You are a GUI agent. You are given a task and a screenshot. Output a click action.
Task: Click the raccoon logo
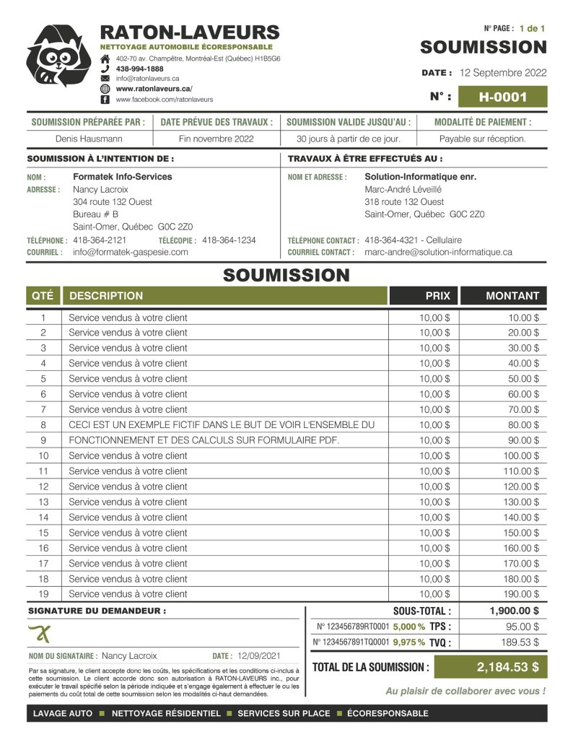58,56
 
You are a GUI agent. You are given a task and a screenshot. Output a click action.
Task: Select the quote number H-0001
502,97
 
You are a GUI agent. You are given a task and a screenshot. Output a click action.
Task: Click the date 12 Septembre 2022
502,73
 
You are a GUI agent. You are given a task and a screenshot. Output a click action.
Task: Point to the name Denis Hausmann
89,139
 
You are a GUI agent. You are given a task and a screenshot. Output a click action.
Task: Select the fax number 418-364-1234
229,240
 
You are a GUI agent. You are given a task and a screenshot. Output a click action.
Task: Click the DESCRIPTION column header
106,295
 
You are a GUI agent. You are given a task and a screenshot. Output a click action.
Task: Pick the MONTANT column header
512,295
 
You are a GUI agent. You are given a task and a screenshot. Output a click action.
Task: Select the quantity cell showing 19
43,594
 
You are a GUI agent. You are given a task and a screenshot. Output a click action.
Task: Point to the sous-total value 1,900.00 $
514,611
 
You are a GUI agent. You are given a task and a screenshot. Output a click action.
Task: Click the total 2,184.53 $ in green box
507,667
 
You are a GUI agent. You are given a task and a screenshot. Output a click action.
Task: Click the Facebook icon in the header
105,99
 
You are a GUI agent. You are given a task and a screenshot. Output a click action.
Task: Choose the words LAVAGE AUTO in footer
61,713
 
